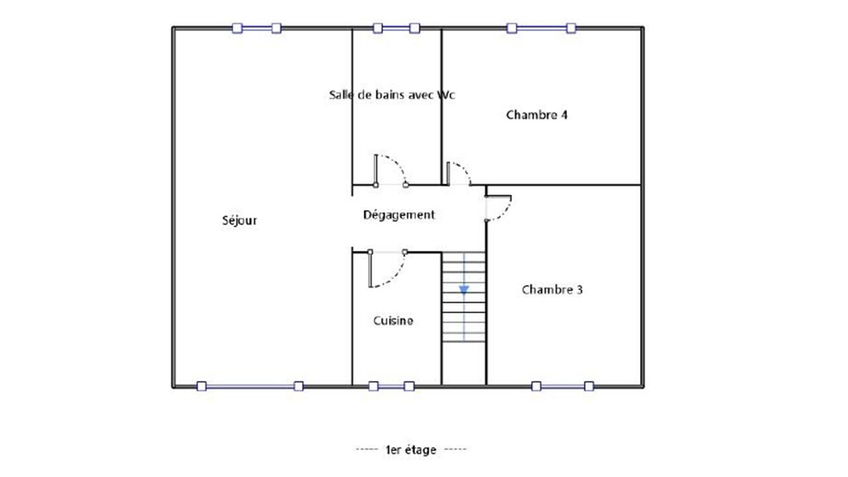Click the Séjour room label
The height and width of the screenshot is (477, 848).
[240, 221]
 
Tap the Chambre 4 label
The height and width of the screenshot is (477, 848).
[537, 115]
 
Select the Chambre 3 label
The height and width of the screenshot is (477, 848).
[553, 290]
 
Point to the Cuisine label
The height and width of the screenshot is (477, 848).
[394, 321]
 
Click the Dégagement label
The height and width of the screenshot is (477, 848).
[399, 215]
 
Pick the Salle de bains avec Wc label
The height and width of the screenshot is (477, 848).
[392, 95]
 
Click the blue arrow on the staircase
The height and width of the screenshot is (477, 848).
[464, 290]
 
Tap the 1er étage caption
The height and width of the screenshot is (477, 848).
[411, 450]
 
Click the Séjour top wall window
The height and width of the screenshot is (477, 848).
[256, 28]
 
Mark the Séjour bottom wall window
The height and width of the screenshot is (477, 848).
[250, 386]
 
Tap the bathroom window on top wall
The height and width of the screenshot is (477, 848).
[396, 28]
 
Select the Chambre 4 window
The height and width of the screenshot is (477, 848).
[541, 28]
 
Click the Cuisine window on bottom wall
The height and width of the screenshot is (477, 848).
[392, 386]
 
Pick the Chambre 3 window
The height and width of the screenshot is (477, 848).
[562, 386]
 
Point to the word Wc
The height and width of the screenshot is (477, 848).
[446, 95]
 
